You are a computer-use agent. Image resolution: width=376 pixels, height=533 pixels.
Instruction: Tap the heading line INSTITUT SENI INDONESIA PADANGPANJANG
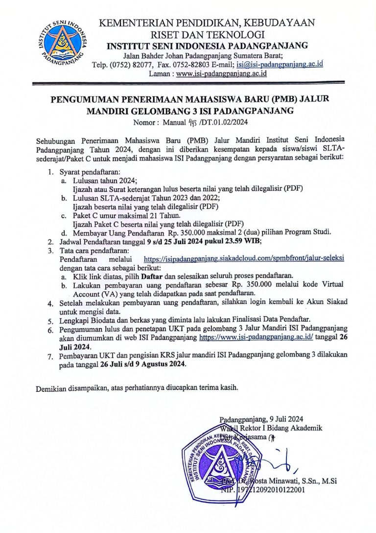(x=208, y=46)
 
